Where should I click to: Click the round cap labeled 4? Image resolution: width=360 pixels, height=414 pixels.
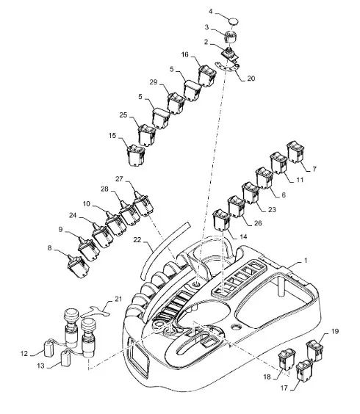234,21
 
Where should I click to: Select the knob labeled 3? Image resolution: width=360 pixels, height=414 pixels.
231,37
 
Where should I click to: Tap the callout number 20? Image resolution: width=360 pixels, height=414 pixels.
251,79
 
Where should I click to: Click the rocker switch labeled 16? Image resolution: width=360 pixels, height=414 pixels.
207,76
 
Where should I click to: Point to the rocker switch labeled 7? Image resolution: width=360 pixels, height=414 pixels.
295,152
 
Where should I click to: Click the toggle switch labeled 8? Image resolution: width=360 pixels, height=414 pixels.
78,266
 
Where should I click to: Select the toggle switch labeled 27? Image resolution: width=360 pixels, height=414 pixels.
143,203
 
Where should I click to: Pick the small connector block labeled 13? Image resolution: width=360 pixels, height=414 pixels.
66,359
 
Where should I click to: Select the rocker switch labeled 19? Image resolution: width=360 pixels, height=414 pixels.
314,351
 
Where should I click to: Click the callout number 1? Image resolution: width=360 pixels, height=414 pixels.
306,261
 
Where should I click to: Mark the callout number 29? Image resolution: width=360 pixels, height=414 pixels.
154,82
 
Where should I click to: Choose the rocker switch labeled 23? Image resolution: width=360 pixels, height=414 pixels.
251,193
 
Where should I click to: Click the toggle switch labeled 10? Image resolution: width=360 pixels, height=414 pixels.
116,223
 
